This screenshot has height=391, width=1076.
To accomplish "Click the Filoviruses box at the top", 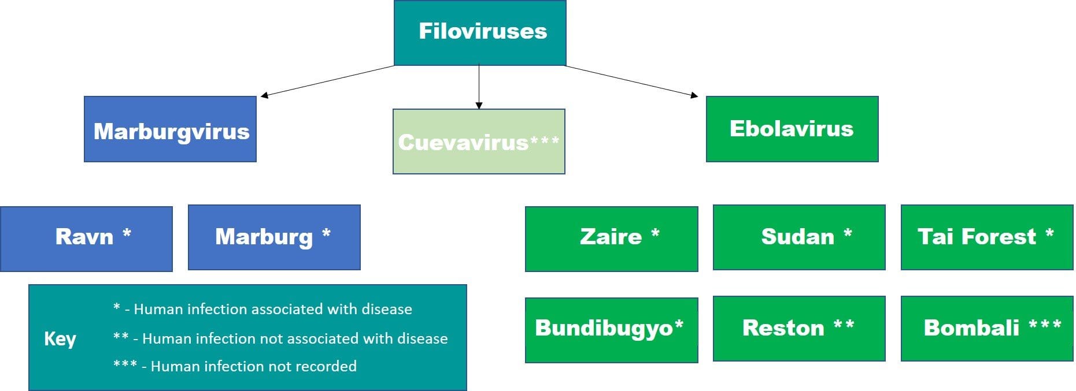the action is pyautogui.click(x=480, y=32).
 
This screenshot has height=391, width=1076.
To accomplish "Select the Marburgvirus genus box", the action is pyautogui.click(x=170, y=129).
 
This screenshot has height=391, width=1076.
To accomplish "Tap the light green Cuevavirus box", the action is pyautogui.click(x=479, y=141).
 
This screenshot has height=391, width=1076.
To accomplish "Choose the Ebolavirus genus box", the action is pyautogui.click(x=792, y=129).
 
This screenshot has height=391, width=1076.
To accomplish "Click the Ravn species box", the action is pyautogui.click(x=86, y=239).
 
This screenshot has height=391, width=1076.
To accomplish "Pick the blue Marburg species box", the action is pyautogui.click(x=274, y=237).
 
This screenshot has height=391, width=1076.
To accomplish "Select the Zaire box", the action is pyautogui.click(x=611, y=239).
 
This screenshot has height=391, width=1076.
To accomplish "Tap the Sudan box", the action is pyautogui.click(x=798, y=237).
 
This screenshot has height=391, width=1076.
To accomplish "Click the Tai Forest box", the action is pyautogui.click(x=986, y=237).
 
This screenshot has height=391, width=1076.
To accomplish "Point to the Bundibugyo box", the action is pyautogui.click(x=611, y=330).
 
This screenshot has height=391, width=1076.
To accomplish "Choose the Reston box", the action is pyautogui.click(x=798, y=328).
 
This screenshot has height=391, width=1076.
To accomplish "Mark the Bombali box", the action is pyautogui.click(x=986, y=328).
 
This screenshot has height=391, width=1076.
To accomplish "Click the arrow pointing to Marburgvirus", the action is pyautogui.click(x=327, y=81).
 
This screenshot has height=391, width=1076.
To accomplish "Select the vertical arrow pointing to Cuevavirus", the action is pyautogui.click(x=479, y=87).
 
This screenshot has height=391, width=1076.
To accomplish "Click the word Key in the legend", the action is pyautogui.click(x=60, y=338).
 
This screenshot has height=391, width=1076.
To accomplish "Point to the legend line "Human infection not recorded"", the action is pyautogui.click(x=253, y=366).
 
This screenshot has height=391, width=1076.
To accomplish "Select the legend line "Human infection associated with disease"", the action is pyautogui.click(x=272, y=309).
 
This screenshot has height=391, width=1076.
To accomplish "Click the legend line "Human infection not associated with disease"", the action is pyautogui.click(x=294, y=338).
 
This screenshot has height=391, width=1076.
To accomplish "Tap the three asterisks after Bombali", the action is pyautogui.click(x=1045, y=325).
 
